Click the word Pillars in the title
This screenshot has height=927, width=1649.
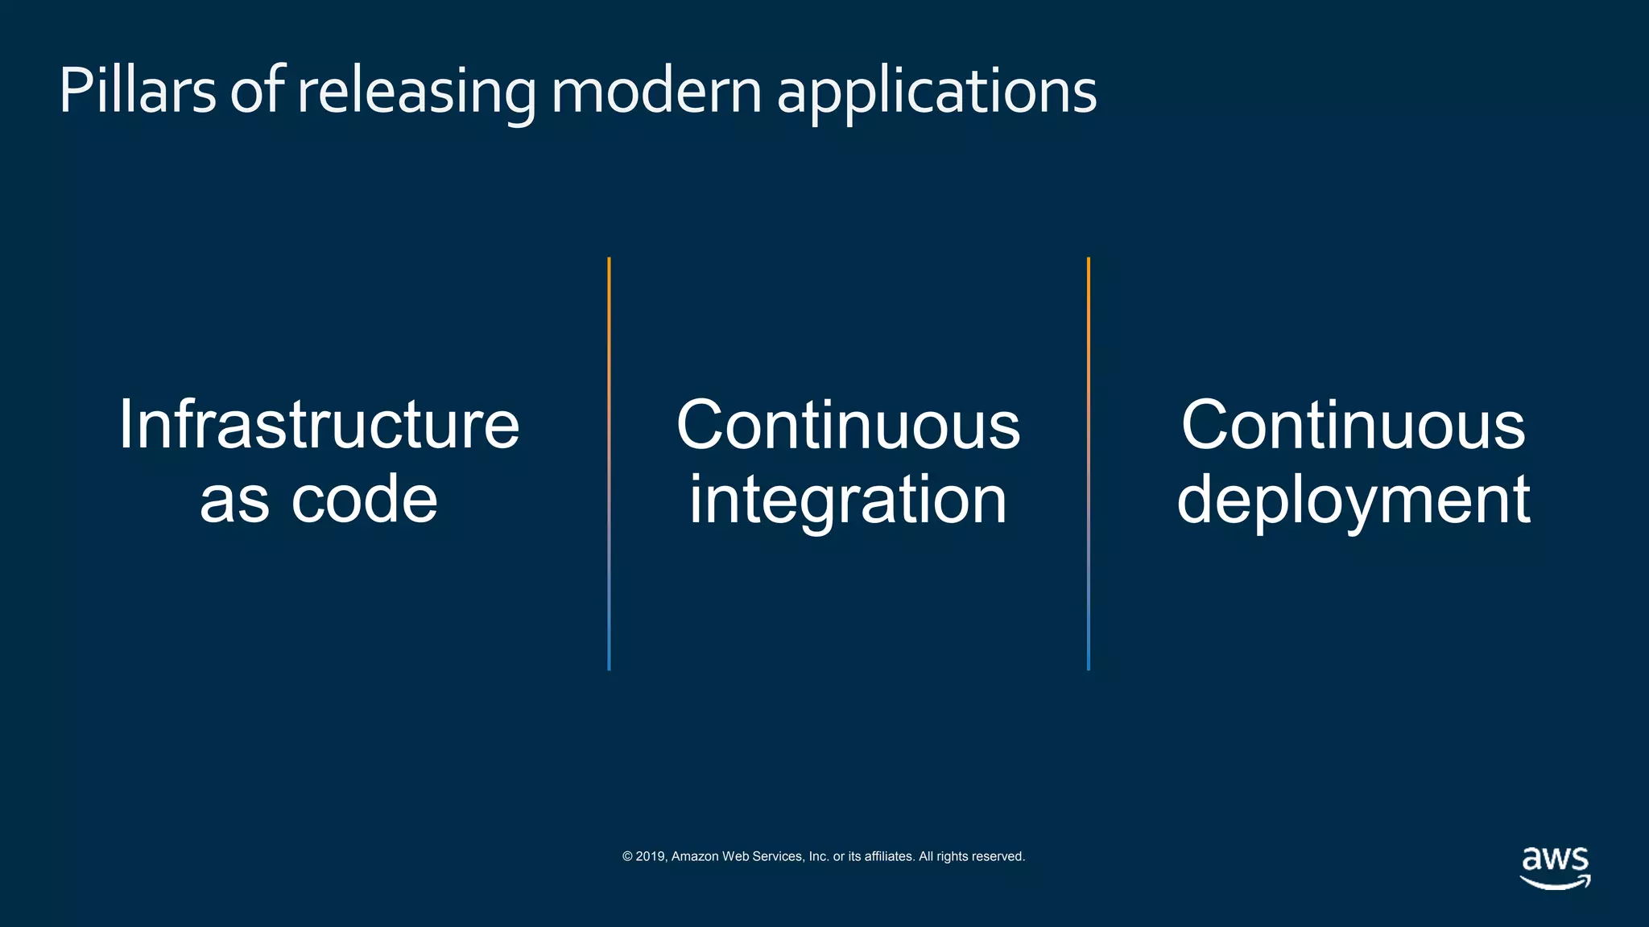point(137,90)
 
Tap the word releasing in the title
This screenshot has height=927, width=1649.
point(416,92)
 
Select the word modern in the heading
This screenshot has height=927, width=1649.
point(656,90)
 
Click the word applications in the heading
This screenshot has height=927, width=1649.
point(936,92)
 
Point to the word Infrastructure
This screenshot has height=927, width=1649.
point(319,424)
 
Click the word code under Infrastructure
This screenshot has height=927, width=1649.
point(364,500)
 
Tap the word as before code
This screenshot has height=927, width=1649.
point(234,501)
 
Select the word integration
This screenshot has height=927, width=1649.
point(848,500)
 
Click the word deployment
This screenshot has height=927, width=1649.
point(1353,500)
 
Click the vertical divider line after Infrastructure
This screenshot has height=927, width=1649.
point(609,463)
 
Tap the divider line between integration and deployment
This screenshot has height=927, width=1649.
point(1089,463)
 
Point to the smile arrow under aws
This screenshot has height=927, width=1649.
point(1555,883)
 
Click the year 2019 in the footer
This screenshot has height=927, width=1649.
point(651,856)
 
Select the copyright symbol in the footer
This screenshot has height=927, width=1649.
point(627,856)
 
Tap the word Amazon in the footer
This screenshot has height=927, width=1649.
point(695,856)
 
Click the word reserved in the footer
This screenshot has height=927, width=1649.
point(998,856)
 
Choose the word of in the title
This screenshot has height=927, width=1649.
point(257,90)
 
